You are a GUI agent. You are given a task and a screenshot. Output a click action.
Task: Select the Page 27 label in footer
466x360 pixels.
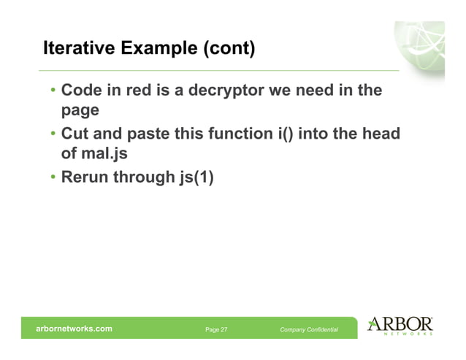216,330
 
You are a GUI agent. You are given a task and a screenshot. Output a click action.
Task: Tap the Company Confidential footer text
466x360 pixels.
309,330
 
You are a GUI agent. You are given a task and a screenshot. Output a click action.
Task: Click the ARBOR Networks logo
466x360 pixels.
400,326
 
